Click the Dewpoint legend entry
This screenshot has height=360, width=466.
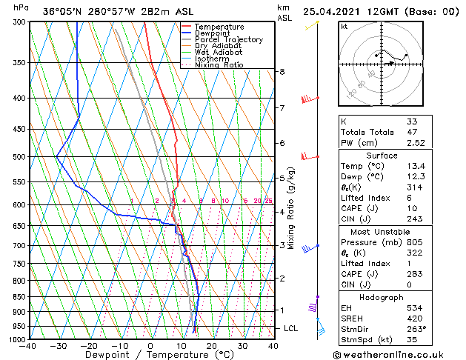(213, 33)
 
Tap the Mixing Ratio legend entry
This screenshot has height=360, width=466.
(219, 65)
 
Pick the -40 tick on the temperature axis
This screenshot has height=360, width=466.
(29, 346)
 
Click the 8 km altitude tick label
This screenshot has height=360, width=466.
(282, 72)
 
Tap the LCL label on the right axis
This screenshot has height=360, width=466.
(292, 328)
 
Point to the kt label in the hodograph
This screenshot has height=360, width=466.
(344, 27)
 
